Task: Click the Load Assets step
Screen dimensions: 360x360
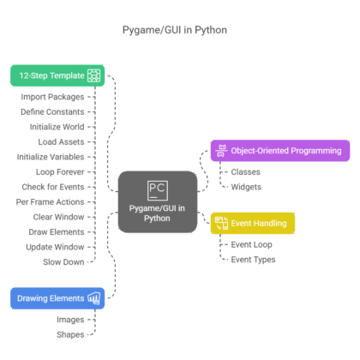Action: (x=61, y=141)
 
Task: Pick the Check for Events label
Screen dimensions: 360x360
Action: (x=54, y=186)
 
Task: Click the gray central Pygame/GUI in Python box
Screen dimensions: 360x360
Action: (x=156, y=202)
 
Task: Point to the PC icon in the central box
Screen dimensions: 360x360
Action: (x=156, y=189)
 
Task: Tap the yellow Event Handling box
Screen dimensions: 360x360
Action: (x=253, y=224)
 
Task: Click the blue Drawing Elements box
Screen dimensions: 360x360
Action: (x=57, y=298)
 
